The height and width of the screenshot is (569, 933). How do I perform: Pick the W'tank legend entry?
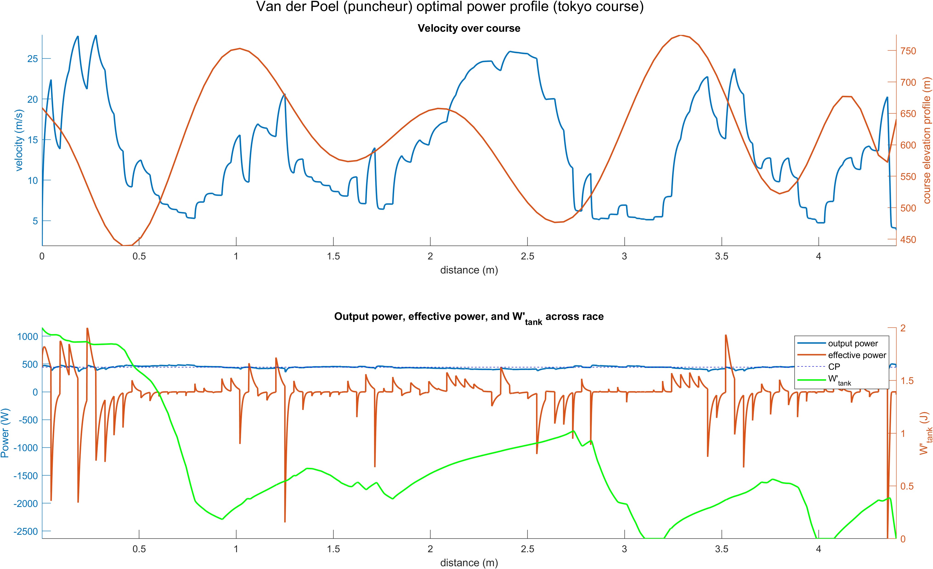point(839,379)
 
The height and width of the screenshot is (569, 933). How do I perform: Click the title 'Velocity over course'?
point(469,28)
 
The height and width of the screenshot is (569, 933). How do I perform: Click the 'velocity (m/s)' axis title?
point(19,140)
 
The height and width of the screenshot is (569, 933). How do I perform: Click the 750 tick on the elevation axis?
point(908,51)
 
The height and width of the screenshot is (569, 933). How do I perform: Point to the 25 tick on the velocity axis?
point(33,59)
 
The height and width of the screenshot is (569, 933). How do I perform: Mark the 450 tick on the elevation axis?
point(908,239)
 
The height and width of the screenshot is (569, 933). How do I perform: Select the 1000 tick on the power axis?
point(28,336)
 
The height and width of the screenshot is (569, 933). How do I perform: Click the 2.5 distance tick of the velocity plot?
point(527,256)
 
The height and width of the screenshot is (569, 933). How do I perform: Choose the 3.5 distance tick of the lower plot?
point(721,549)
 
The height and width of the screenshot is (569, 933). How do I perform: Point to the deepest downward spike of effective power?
point(285,522)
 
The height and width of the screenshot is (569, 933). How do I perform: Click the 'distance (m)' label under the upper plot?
point(469,270)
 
